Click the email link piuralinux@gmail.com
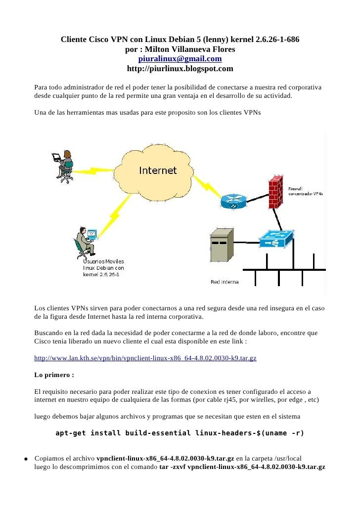tap(180, 59)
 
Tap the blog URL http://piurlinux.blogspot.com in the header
tap(180, 69)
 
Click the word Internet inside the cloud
tap(158, 170)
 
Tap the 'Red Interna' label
tap(225, 282)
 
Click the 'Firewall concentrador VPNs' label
tap(305, 191)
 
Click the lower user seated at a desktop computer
tap(85, 242)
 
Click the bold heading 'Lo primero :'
tap(54, 375)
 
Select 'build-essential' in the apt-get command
tap(158, 433)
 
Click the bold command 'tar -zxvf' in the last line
tap(173, 467)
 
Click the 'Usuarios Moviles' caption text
tap(103, 261)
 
